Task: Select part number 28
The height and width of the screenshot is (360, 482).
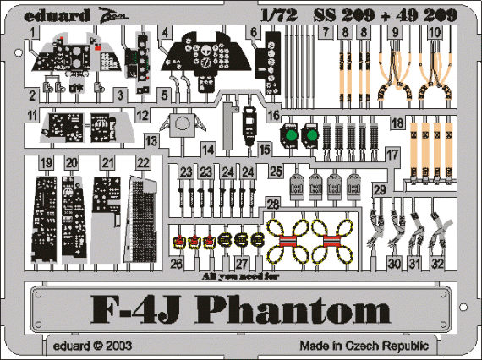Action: coord(272,205)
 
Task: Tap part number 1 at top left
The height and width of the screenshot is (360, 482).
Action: coord(32,32)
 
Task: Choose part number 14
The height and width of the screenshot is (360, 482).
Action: coord(208,150)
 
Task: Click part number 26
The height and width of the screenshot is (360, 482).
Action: coord(176,263)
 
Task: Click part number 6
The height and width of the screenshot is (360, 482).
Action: coord(252,32)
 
